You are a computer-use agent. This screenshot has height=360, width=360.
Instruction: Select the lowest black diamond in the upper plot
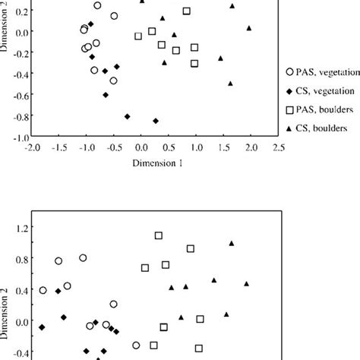[156, 121]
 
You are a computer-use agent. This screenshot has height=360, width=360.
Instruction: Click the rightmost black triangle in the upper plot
[249, 28]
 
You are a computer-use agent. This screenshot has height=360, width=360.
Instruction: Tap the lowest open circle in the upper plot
[113, 81]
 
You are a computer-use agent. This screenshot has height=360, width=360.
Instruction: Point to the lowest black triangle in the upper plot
[230, 84]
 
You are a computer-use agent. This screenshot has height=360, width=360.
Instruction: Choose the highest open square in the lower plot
[159, 235]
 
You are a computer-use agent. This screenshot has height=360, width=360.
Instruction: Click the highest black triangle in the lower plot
[232, 244]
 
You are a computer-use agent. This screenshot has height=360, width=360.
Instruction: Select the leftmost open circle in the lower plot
[43, 290]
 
